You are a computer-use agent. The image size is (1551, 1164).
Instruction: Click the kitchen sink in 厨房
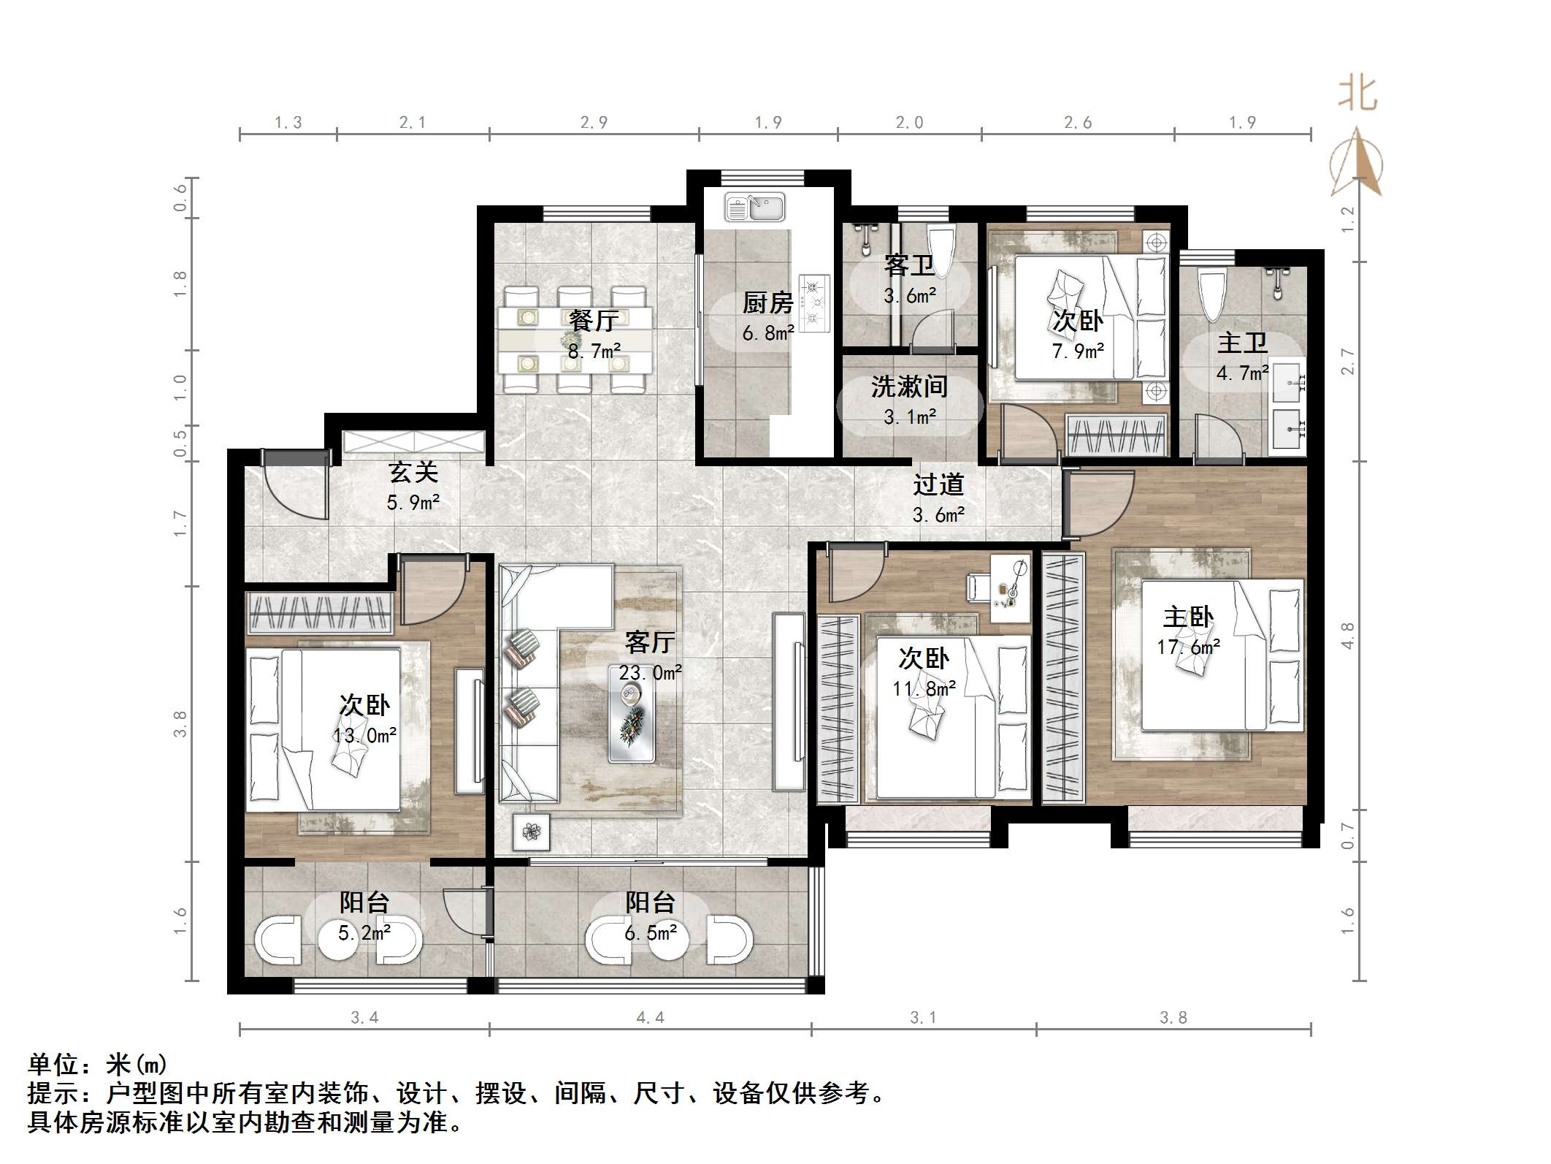pyautogui.click(x=754, y=208)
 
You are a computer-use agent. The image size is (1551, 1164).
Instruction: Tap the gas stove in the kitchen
pyautogui.click(x=814, y=303)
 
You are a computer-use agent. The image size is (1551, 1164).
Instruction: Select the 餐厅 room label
pyautogui.click(x=593, y=320)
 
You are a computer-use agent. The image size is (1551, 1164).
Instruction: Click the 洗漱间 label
pyautogui.click(x=909, y=387)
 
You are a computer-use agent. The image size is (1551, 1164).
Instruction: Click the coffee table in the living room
pyautogui.click(x=632, y=713)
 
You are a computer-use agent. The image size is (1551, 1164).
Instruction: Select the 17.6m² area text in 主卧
pyautogui.click(x=1188, y=647)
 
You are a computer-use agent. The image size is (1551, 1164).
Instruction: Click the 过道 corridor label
pyautogui.click(x=938, y=484)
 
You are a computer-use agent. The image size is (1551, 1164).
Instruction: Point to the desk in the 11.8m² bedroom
pyautogui.click(x=1010, y=588)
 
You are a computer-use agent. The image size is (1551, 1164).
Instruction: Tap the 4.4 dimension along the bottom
pyautogui.click(x=649, y=1018)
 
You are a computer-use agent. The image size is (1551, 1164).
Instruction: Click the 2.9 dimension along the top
pyautogui.click(x=594, y=123)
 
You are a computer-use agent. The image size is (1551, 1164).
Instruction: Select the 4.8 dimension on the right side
pyautogui.click(x=1347, y=635)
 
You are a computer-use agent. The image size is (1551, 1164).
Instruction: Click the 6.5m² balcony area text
pyautogui.click(x=650, y=933)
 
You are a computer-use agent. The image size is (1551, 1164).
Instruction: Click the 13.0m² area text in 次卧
pyautogui.click(x=364, y=736)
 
